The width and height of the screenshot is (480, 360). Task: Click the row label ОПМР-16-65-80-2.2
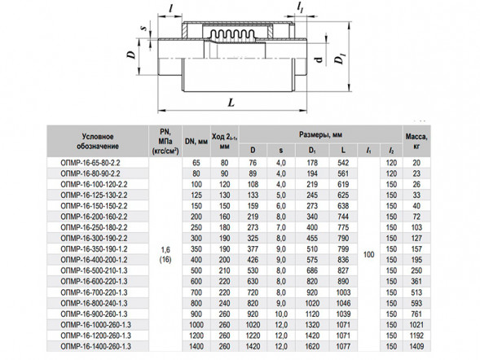[x=90, y=163]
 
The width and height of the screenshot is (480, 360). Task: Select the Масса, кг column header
[x=416, y=141]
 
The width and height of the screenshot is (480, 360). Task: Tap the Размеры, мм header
[x=320, y=134]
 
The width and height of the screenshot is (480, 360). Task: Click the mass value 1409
[x=416, y=346]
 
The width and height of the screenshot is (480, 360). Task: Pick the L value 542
[x=343, y=163]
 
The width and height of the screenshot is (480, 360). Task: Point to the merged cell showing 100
[x=368, y=254]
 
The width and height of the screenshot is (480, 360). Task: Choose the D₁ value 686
[x=312, y=270]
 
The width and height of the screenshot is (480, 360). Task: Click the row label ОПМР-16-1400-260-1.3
[x=96, y=346]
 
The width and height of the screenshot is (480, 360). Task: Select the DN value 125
[x=196, y=195]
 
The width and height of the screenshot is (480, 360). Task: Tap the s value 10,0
[x=281, y=314]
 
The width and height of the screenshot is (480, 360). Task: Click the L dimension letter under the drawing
[x=231, y=102]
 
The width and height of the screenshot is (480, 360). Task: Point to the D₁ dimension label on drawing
[x=339, y=58]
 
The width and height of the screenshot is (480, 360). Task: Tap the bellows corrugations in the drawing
[x=232, y=33]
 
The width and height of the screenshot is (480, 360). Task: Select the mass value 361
[x=416, y=281]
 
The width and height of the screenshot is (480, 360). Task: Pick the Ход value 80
[x=224, y=163]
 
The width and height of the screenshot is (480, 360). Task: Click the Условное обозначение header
[x=97, y=141]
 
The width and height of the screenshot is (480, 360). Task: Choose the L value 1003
[x=343, y=292]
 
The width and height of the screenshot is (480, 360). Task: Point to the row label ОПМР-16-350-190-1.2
[x=94, y=249]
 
